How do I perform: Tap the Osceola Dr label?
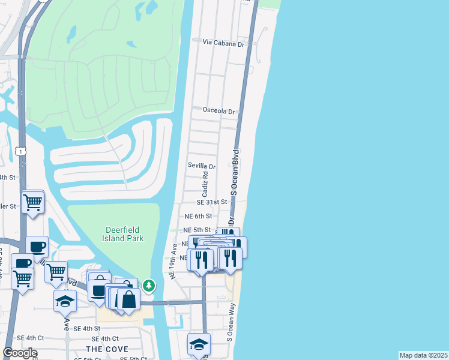[x=220, y=110]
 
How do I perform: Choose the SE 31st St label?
[x=212, y=203]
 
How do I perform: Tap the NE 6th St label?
[x=198, y=216]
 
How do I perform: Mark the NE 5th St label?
[x=197, y=230]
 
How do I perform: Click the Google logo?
[x=19, y=353]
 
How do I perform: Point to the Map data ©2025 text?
[x=424, y=355]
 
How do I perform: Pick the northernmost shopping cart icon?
[x=33, y=201]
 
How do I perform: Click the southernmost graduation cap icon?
[x=199, y=344]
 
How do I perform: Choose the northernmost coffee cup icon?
[x=37, y=247]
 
